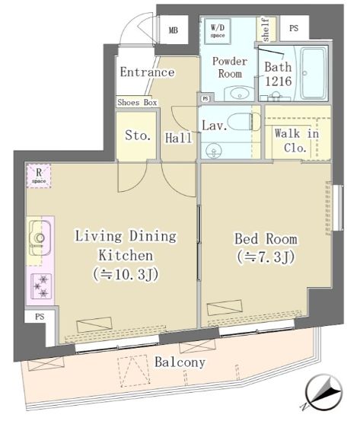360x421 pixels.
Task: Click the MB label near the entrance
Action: [x=174, y=30]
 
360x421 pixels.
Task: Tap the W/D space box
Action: [x=218, y=31]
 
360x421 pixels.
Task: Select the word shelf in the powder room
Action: [x=266, y=30]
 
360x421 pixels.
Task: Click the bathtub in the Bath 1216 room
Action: [x=313, y=73]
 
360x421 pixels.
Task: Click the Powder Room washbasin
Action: [x=239, y=94]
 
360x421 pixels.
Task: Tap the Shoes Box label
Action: [x=137, y=102]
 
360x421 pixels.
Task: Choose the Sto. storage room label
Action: [x=138, y=136]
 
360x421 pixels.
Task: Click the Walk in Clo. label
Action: [x=296, y=140]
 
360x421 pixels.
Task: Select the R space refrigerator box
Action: [x=39, y=176]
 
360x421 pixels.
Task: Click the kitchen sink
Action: [x=40, y=238]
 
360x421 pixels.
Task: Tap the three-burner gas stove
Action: [x=41, y=286]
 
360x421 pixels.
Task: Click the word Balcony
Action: [x=180, y=362]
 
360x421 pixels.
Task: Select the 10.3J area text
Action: [x=126, y=274]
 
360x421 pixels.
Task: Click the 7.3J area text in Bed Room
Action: [x=266, y=257]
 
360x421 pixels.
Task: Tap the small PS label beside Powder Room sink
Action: [x=205, y=98]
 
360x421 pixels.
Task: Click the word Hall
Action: [x=178, y=138]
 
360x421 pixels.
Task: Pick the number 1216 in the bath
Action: [x=278, y=81]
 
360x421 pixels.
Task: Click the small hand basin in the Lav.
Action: [x=213, y=151]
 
